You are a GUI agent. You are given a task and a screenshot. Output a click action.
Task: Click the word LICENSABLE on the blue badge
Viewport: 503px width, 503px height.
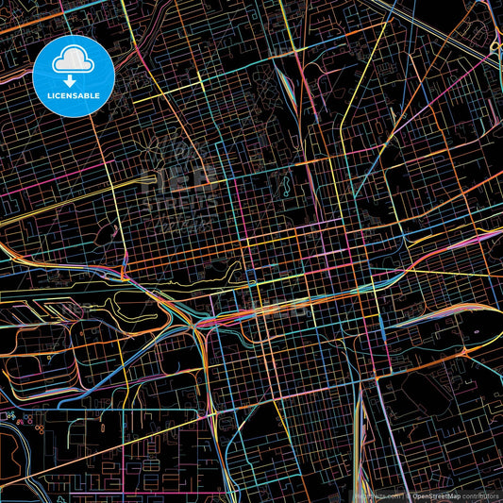(x=72, y=95)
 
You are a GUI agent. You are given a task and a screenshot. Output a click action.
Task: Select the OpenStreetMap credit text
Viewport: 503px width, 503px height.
(x=435, y=495)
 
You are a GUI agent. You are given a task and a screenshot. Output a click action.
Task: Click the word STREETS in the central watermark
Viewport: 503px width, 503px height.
(x=179, y=202)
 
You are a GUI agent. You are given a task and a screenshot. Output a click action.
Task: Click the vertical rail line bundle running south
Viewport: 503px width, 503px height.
(x=361, y=444)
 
